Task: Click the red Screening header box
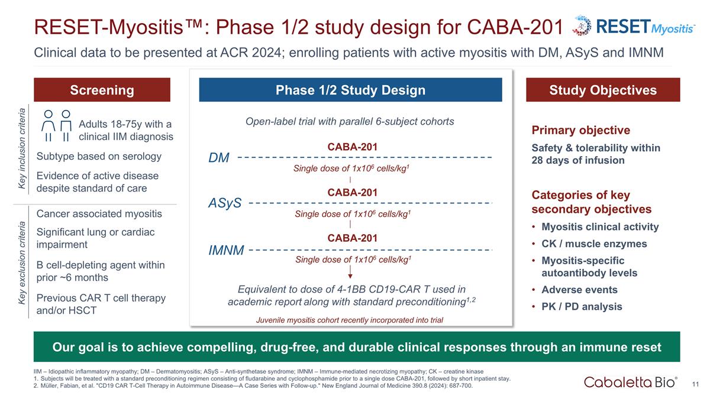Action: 102,90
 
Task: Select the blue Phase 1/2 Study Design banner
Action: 350,90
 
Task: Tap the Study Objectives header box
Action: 603,90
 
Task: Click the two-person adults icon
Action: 57,126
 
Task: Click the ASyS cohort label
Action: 225,203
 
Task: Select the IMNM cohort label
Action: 226,250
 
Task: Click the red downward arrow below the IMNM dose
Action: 351,271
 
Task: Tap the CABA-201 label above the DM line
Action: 352,146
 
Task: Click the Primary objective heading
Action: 581,130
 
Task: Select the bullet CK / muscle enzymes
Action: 586,244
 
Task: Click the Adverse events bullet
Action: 579,290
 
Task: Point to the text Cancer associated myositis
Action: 99,213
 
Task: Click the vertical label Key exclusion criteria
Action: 22,271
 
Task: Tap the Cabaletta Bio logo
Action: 631,382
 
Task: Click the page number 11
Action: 696,385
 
